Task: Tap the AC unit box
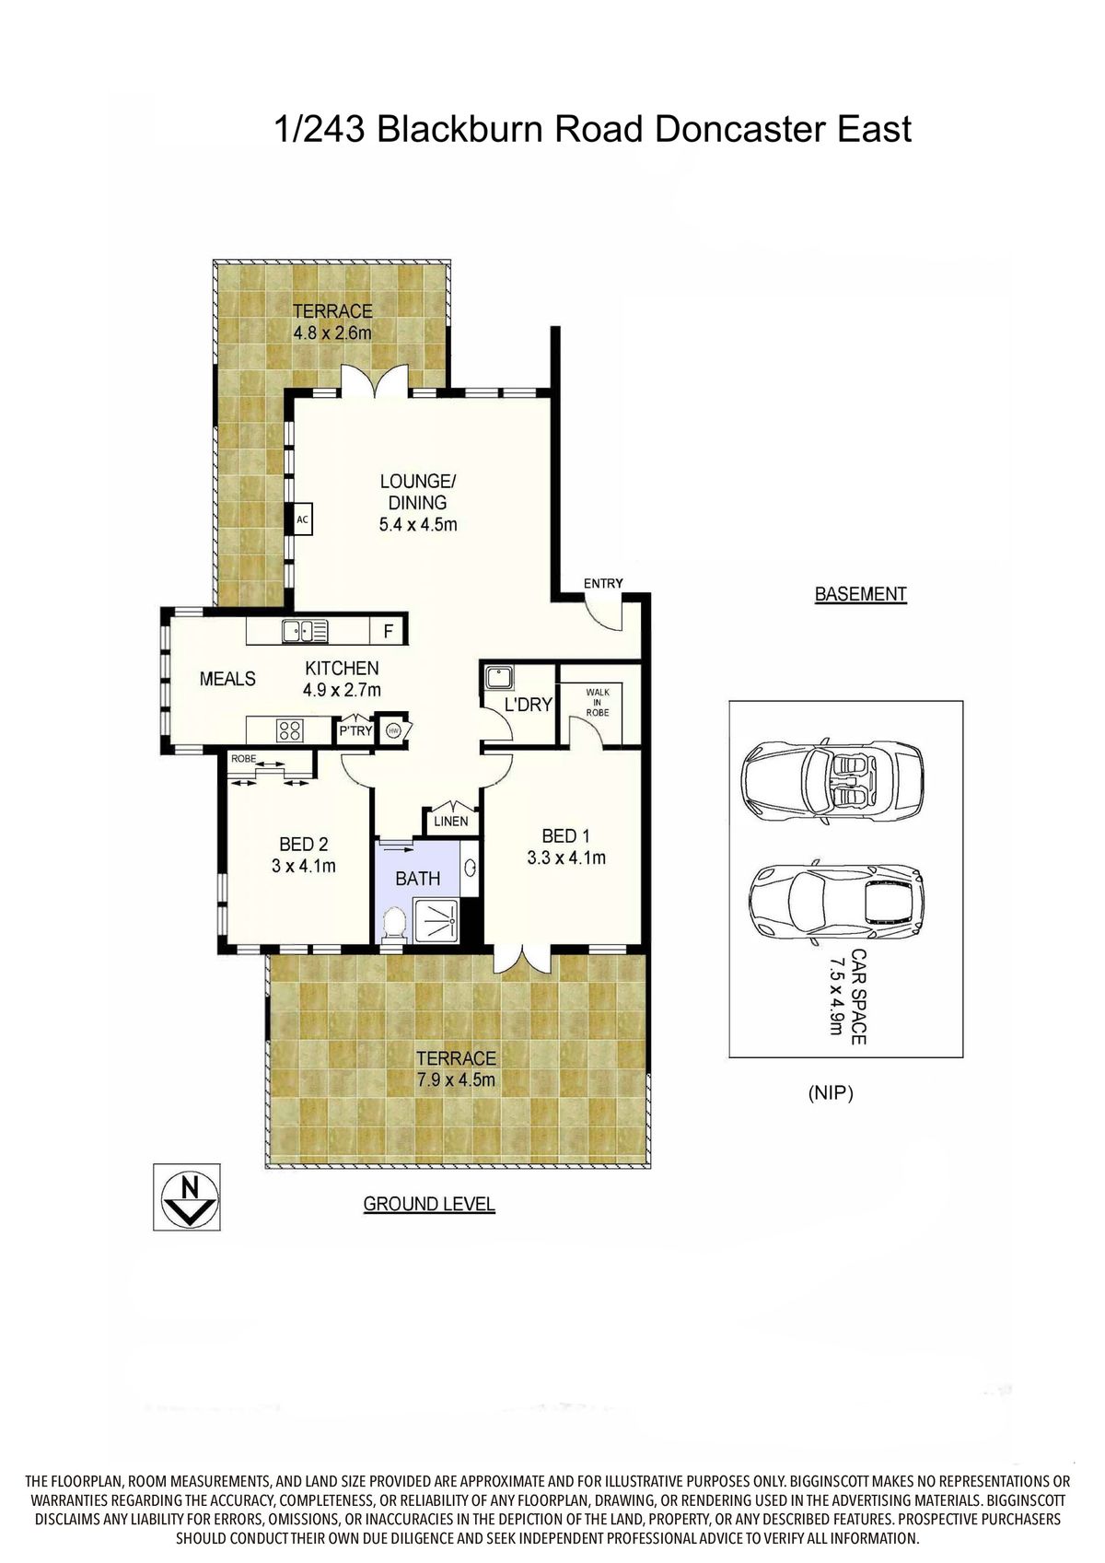point(301,519)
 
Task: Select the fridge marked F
point(389,631)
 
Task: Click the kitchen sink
point(305,632)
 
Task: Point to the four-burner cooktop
point(289,730)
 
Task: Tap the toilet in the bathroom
point(394,924)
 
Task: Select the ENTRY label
point(603,583)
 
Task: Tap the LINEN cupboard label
point(450,822)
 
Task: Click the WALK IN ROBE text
point(598,702)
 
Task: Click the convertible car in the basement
point(832,774)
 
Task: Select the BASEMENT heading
point(860,594)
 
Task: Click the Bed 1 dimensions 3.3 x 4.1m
point(565,857)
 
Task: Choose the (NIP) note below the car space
point(831,1093)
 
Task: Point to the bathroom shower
point(436,920)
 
